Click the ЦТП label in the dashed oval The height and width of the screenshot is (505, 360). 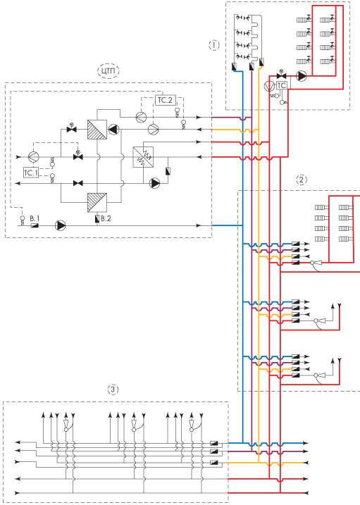108,71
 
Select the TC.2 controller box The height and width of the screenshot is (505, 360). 166,100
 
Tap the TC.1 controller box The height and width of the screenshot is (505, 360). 31,173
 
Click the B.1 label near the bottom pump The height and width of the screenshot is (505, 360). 35,218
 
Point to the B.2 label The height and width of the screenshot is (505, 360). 106,218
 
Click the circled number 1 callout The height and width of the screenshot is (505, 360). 213,45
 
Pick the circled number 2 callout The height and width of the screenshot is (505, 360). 301,180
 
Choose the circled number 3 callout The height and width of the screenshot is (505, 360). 113,389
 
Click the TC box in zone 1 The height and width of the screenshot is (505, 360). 281,85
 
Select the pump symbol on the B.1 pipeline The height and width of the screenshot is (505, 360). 60,225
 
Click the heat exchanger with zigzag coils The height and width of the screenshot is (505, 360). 143,157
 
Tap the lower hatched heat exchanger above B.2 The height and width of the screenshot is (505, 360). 97,202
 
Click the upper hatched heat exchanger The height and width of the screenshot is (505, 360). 97,130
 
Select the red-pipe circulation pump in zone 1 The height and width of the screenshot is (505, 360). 301,76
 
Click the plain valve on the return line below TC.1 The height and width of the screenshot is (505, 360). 78,183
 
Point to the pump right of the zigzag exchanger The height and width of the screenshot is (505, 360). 155,183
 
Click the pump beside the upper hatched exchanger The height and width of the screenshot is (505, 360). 113,130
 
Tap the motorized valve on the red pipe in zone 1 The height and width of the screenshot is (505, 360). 282,75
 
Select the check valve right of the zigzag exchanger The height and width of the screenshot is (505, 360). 168,171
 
